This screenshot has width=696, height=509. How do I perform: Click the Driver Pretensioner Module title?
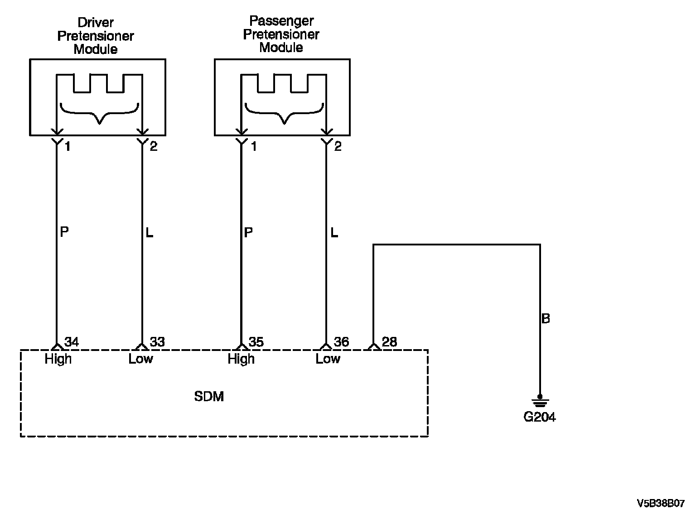point(96,36)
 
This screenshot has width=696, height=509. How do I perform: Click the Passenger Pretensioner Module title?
point(281,34)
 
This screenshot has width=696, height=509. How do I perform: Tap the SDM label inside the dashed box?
point(209,397)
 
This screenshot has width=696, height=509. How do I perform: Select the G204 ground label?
point(539,417)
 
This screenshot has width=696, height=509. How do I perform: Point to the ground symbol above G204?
point(540,401)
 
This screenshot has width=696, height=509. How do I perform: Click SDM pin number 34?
point(72,342)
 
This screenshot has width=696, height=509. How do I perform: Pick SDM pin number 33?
point(157,342)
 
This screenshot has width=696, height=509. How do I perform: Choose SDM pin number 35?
point(256,342)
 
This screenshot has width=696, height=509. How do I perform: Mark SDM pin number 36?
point(341,342)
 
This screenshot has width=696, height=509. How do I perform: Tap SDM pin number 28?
point(389,342)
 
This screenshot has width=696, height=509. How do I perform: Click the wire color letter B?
point(546,318)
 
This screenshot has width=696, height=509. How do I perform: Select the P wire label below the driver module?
point(64,232)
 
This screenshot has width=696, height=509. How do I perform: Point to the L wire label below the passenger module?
point(334,232)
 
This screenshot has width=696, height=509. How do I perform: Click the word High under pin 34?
point(58,359)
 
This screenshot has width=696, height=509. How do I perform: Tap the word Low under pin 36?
point(328,359)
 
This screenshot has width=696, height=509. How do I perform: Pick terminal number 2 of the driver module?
point(154,146)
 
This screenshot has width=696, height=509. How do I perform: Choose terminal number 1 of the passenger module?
point(254,146)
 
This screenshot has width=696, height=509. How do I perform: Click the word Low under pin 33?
point(141,359)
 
